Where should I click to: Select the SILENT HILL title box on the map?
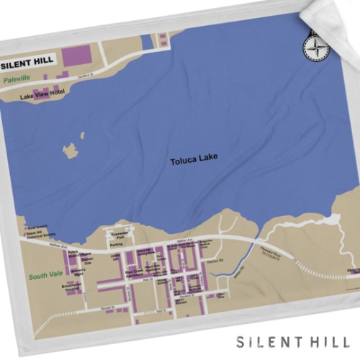[x=30, y=60]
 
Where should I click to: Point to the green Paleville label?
[x=17, y=78]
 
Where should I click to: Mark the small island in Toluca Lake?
[x=70, y=150]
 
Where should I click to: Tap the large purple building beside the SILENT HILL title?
[x=78, y=55]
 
